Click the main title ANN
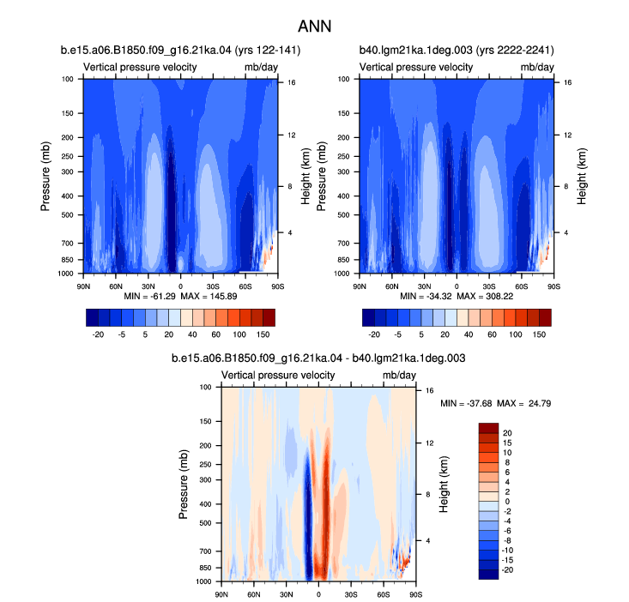[314, 27]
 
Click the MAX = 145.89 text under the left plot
[209, 296]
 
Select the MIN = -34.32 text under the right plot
[426, 296]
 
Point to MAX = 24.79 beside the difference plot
[524, 403]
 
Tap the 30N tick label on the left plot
[148, 286]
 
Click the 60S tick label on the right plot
[522, 286]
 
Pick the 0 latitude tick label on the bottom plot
[318, 594]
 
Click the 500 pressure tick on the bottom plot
[205, 522]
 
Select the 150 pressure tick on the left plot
[68, 113]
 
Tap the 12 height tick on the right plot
[567, 135]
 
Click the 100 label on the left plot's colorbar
[239, 334]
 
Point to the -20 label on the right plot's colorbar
[374, 334]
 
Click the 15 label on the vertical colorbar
[507, 442]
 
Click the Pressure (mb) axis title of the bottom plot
[183, 485]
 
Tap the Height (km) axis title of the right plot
[582, 176]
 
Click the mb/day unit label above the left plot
[261, 67]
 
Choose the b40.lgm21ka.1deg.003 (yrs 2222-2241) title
[457, 50]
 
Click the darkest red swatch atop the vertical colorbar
[488, 428]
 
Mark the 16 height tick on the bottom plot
[430, 390]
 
